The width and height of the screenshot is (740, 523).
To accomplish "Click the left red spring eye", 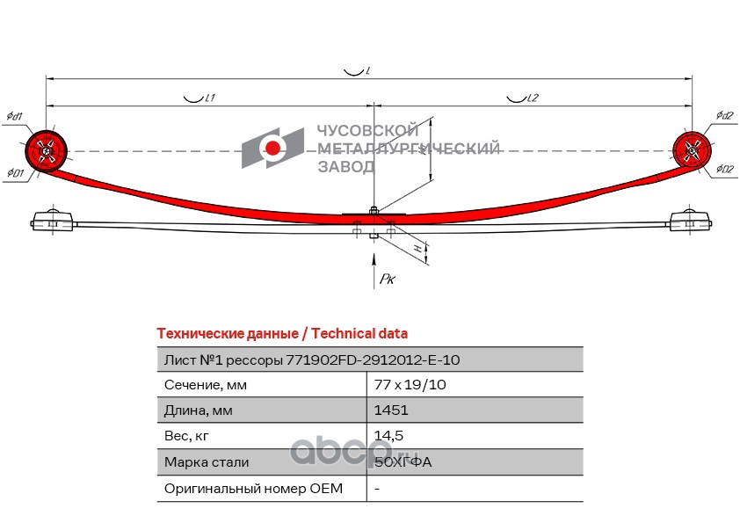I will tap(47, 150).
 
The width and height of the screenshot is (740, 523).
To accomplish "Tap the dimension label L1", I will tap(210, 99).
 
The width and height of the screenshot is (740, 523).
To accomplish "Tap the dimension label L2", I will tap(532, 98).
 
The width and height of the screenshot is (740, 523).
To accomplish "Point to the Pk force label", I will tap(388, 280).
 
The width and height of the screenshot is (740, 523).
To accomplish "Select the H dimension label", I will tap(417, 251).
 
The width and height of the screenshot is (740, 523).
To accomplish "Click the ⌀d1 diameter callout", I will tap(14, 117).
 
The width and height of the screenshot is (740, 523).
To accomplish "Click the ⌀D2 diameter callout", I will tap(724, 170).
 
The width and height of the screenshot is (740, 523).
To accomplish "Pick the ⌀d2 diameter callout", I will tap(724, 116).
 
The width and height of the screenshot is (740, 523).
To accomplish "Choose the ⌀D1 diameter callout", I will tap(14, 172).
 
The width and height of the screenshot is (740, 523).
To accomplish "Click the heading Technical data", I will tap(359, 334).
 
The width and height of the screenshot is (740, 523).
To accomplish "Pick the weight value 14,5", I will tap(388, 435).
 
